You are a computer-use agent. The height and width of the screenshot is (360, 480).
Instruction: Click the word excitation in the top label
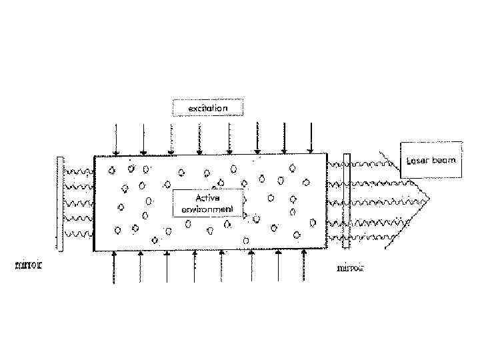207,107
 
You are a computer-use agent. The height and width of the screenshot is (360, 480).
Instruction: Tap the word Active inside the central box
207,198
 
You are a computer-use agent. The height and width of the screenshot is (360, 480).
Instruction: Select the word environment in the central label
207,209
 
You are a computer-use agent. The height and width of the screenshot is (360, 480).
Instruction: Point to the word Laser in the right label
419,161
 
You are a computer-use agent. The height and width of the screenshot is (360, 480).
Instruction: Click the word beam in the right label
444,161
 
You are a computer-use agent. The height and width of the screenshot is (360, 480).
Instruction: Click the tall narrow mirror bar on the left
60,204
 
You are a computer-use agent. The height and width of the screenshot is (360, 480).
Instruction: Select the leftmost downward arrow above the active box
116,139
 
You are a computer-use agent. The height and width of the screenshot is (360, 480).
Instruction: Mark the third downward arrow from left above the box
171,139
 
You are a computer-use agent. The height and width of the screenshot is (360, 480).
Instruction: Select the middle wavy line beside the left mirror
78,203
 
